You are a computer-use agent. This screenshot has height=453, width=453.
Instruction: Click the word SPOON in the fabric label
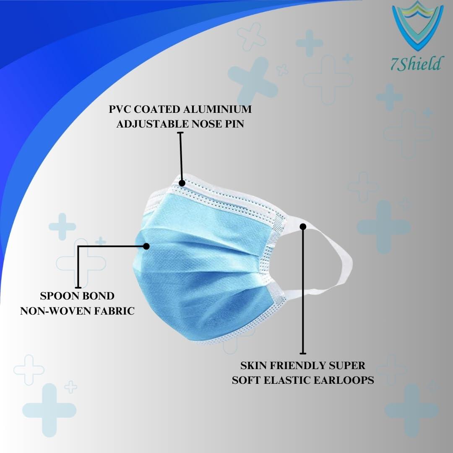[x=60, y=296]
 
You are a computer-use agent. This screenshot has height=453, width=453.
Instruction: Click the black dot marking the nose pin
[x=182, y=183]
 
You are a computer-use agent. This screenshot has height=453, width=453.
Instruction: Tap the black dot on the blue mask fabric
[x=146, y=246]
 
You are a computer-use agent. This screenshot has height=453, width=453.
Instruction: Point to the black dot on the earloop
[x=303, y=227]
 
